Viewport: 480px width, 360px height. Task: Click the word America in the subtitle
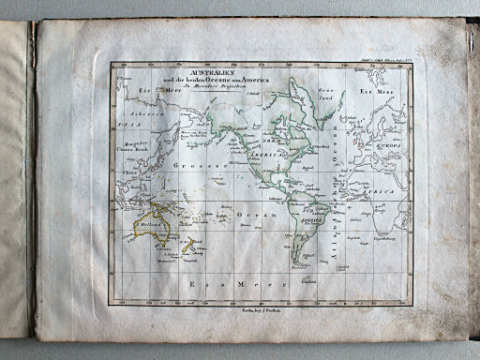(252, 81)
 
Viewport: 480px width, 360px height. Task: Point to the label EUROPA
(388, 145)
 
